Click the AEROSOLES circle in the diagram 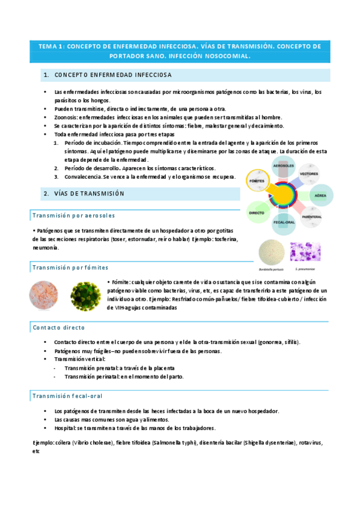tap(283, 167)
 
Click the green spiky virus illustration tap(85, 296)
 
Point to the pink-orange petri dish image tap(44, 296)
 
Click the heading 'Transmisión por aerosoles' tap(73, 215)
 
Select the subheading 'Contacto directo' tap(58, 327)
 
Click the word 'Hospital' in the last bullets tap(65, 428)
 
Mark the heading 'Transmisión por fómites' tap(70, 267)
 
